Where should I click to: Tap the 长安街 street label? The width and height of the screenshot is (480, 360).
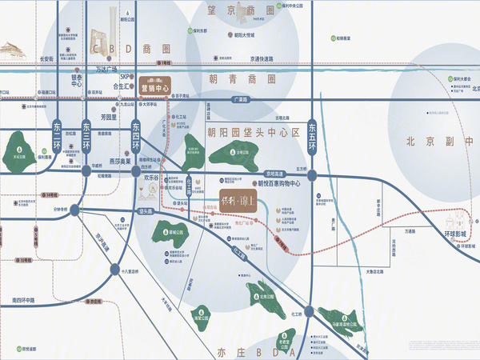(46, 59)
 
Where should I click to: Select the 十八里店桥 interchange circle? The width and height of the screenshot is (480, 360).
(114, 270)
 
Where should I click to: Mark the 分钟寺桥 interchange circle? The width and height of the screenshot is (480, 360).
(74, 210)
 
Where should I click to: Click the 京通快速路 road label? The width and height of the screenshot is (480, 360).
(264, 58)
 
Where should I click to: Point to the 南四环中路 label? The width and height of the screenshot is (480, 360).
(28, 301)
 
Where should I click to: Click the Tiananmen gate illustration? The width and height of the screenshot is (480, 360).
(14, 50)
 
